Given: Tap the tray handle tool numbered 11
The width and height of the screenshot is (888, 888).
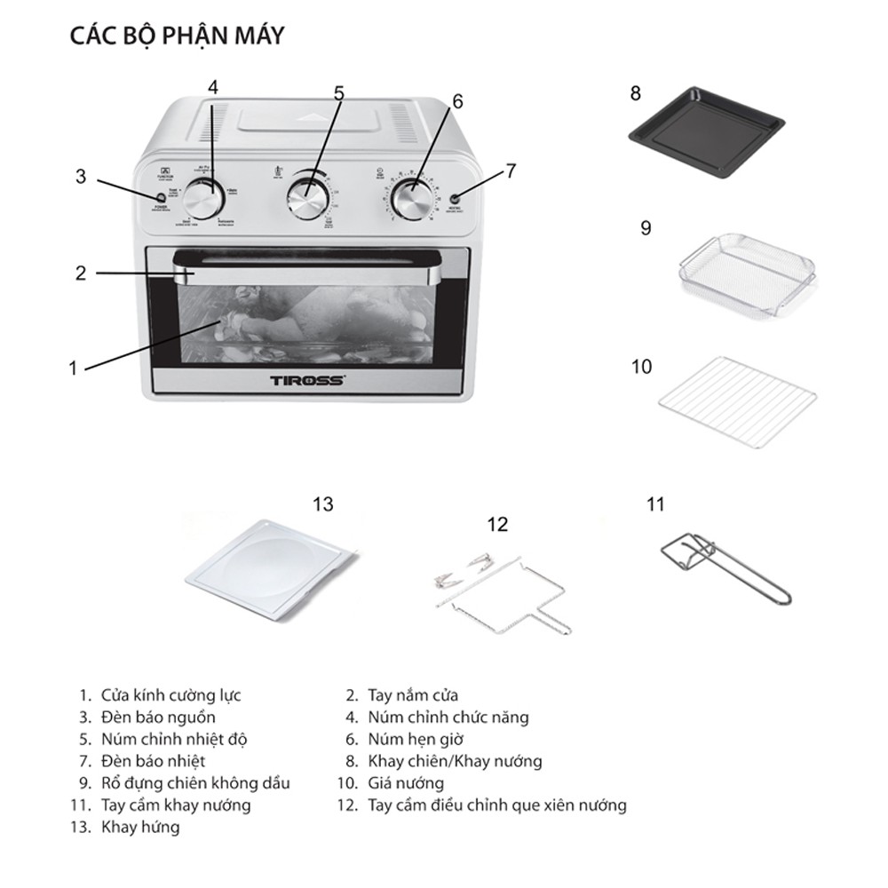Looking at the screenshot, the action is pyautogui.click(x=724, y=568).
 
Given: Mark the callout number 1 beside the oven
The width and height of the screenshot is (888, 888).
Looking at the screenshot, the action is pyautogui.click(x=74, y=368).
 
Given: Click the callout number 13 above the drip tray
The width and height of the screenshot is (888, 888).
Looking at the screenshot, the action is pyautogui.click(x=322, y=504).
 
